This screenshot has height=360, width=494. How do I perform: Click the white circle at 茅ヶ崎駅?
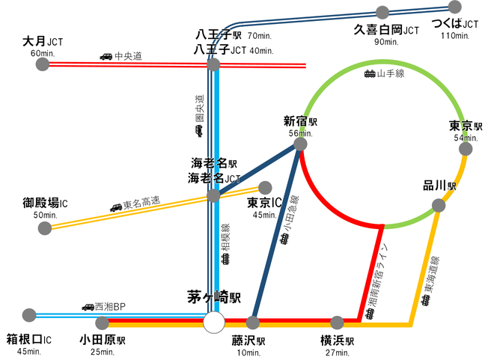click(x=214, y=323)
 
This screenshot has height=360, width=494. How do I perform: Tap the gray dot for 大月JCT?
click(x=42, y=64)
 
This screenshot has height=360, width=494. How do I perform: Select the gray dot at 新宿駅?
click(x=300, y=144)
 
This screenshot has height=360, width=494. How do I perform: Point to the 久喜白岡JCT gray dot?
click(x=382, y=12)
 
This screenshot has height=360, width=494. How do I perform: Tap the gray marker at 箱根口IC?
click(x=30, y=314)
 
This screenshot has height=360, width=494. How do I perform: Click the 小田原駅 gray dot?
click(x=103, y=323)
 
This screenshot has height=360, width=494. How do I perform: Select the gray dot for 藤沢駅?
click(x=252, y=323)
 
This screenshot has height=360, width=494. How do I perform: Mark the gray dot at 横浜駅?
click(x=338, y=323)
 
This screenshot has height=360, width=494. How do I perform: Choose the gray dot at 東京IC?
click(x=264, y=188)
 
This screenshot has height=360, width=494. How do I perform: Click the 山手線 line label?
click(x=390, y=73)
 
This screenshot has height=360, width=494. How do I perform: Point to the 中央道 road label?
click(x=128, y=56)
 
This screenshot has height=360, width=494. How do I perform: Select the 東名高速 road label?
click(x=142, y=202)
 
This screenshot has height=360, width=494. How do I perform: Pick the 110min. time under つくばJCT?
click(x=454, y=35)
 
